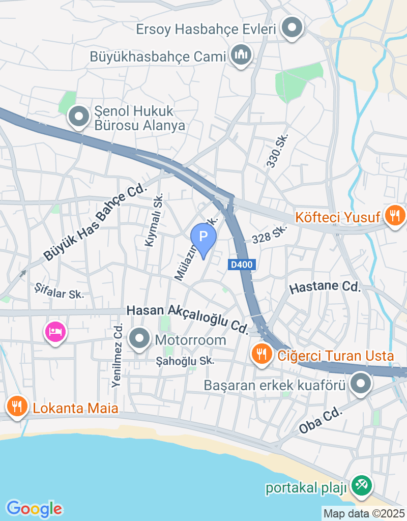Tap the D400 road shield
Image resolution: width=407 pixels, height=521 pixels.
pos(240,265)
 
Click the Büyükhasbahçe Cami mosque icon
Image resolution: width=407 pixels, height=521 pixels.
pos(241,54)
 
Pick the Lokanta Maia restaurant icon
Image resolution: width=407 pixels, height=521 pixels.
pos(17,406)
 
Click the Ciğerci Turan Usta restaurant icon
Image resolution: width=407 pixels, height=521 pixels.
pos(262,354)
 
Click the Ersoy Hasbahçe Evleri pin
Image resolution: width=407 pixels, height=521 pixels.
pos(292,27)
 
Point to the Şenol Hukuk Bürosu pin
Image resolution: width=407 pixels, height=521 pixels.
pos(79,117)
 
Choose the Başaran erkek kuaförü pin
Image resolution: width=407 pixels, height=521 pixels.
pos(361,384)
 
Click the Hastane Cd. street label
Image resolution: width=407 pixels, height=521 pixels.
pos(325,287)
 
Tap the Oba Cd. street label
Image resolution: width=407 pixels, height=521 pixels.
pos(318,421)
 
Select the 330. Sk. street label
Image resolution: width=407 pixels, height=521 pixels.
pos(278,151)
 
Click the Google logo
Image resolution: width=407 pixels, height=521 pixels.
pos(34,508)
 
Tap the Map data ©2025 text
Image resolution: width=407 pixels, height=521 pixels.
pos(364,513)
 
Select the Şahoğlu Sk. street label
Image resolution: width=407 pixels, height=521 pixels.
pos(185,361)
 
